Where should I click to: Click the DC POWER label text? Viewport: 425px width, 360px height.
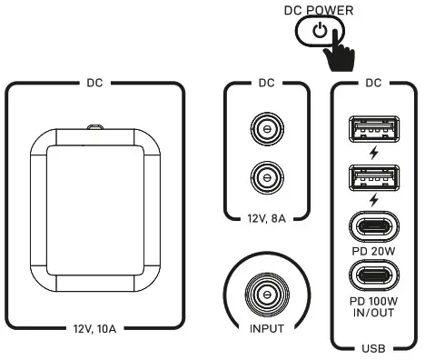click(x=319, y=10)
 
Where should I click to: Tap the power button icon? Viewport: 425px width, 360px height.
click(x=320, y=31)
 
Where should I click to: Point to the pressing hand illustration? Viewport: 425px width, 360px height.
click(x=339, y=51)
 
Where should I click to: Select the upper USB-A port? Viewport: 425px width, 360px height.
click(x=374, y=129)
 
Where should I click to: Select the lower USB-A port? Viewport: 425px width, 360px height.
click(x=374, y=178)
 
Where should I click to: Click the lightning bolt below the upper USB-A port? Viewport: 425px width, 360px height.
click(x=374, y=153)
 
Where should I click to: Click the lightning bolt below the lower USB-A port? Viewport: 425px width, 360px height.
click(x=374, y=200)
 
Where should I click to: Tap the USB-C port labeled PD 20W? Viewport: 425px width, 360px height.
click(x=374, y=227)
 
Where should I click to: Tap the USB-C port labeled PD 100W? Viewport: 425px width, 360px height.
click(x=374, y=275)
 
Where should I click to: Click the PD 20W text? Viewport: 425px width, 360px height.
click(x=373, y=251)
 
